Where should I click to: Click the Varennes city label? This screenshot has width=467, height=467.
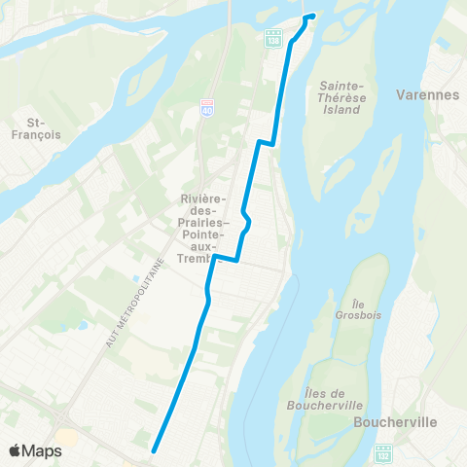pyautogui.click(x=427, y=95)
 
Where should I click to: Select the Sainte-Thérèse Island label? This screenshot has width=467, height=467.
pyautogui.click(x=334, y=98)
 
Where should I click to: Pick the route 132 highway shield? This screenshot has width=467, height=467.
pyautogui.click(x=383, y=452)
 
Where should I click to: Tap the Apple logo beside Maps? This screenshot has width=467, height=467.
pyautogui.click(x=15, y=450)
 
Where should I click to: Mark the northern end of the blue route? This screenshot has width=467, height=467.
pyautogui.click(x=311, y=17)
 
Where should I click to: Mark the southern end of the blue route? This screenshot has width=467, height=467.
pyautogui.click(x=154, y=450)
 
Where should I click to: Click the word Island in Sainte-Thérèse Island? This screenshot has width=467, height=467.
pyautogui.click(x=334, y=110)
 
